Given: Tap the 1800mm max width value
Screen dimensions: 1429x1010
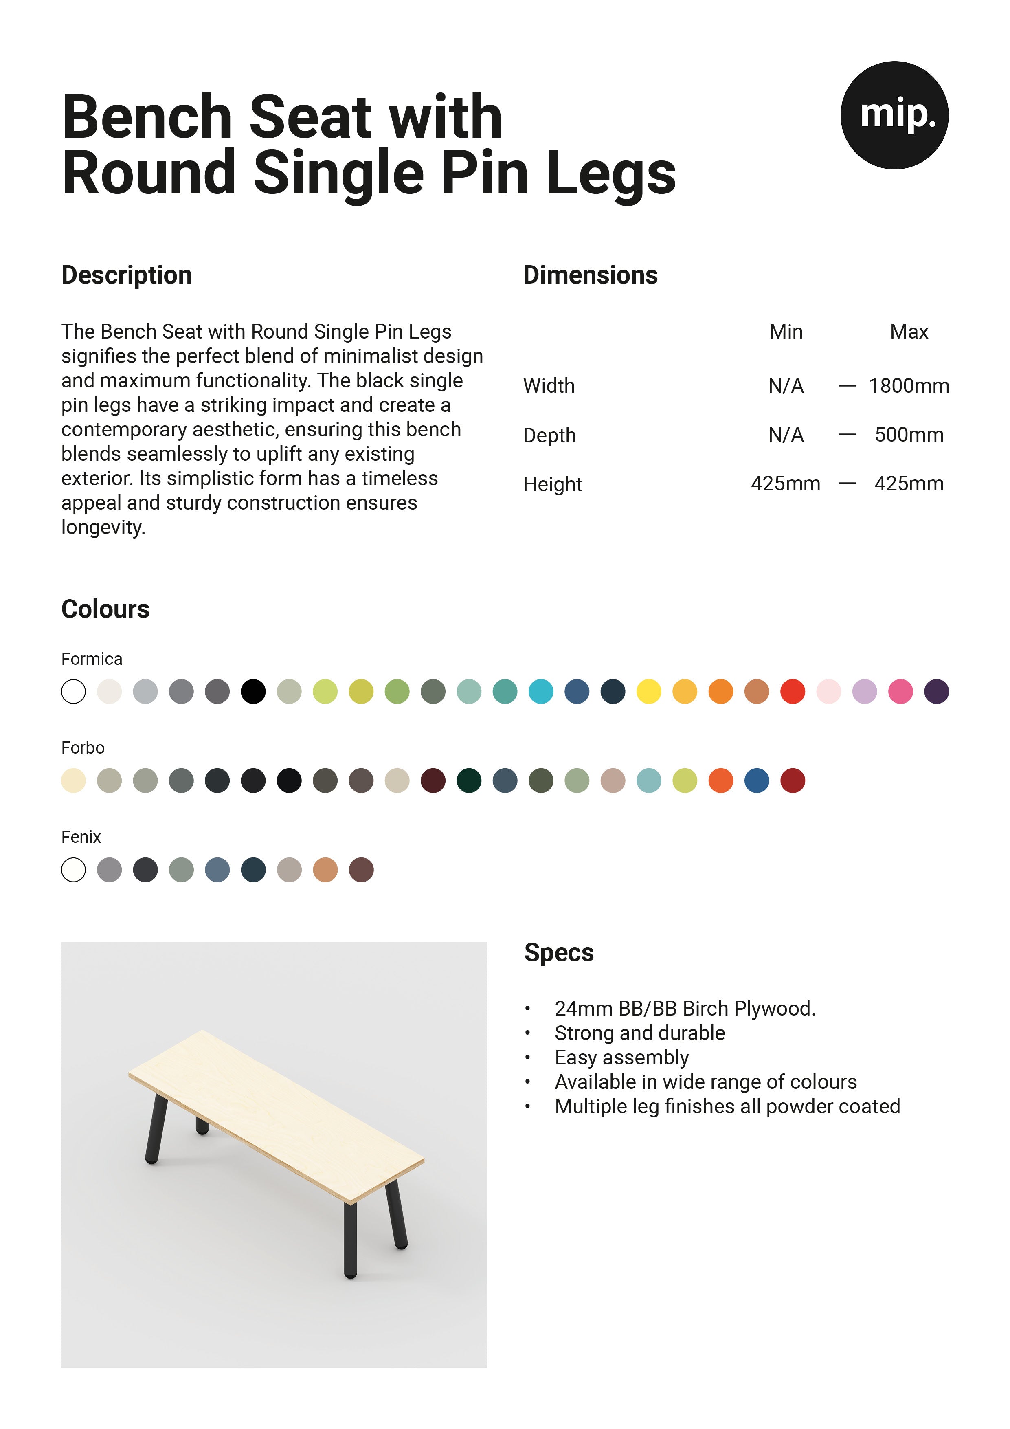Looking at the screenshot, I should point(909,386).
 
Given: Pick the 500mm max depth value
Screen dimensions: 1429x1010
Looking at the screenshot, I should point(909,434).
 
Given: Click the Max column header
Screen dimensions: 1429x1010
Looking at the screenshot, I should point(909,332).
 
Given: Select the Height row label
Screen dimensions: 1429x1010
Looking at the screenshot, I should point(552,484).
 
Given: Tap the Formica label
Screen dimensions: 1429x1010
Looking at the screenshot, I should point(92,659).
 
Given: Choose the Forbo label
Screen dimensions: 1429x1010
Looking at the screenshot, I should point(83,747).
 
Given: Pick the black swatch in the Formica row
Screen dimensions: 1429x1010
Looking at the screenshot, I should point(253,691).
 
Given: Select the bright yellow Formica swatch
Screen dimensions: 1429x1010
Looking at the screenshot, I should point(648,691).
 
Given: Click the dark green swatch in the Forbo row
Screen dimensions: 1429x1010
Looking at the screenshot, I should point(469,780).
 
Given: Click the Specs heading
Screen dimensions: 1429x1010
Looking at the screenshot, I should point(558,953).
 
